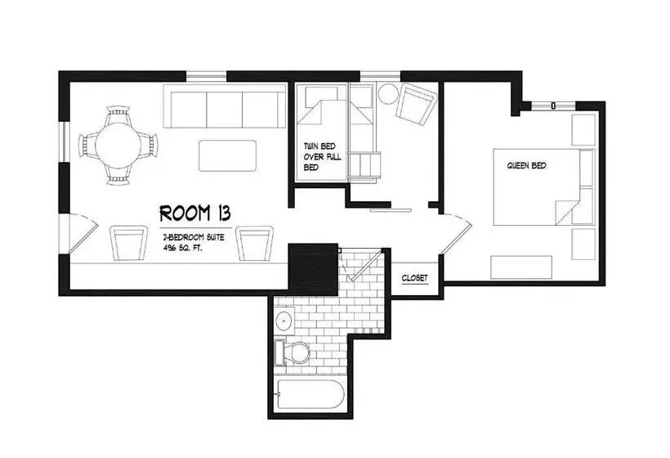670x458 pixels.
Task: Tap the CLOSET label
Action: pos(414,278)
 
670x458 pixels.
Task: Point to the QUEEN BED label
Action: pos(526,165)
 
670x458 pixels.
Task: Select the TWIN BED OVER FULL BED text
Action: pos(322,156)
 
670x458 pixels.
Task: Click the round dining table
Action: pos(118,145)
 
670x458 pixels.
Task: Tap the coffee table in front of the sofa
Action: pos(228,155)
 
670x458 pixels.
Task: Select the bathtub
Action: pos(310,394)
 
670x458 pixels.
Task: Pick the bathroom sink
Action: pos(284,320)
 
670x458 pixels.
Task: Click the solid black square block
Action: pos(314,269)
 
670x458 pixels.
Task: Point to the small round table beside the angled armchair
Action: pos(388,93)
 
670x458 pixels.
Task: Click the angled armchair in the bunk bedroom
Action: pos(417,105)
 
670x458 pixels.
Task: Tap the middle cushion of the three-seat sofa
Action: pos(225,110)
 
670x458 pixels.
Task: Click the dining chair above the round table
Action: pos(118,114)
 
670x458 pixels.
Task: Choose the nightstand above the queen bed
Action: pos(583,129)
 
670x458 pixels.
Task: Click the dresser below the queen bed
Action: pos(521,267)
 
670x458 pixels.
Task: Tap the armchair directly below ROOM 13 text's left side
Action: pos(128,243)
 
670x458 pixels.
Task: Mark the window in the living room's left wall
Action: pos(65,142)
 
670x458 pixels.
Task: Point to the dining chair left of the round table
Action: pos(87,146)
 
